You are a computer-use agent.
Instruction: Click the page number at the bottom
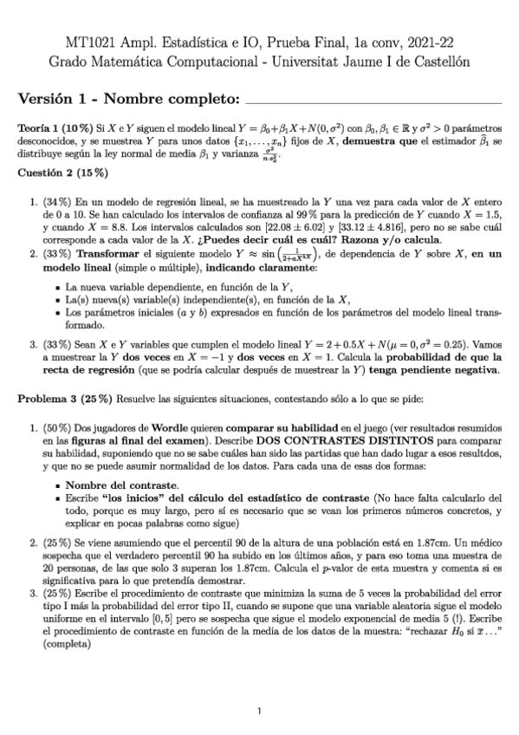coord(259,712)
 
